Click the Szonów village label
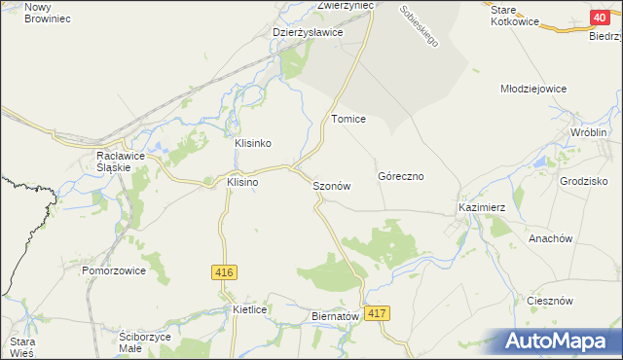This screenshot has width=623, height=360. (x=331, y=185)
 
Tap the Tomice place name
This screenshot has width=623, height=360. (x=348, y=119)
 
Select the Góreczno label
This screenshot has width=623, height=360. (x=399, y=177)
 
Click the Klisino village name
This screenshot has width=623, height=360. (x=242, y=182)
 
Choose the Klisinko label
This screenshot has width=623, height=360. (x=252, y=143)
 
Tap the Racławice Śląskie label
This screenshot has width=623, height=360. (x=114, y=161)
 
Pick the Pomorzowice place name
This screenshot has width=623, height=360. (x=114, y=270)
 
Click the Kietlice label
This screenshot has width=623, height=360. (x=250, y=309)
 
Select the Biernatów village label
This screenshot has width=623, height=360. (x=336, y=316)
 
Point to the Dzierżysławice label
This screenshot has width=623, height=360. (x=308, y=31)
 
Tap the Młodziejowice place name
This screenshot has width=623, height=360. (x=532, y=89)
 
